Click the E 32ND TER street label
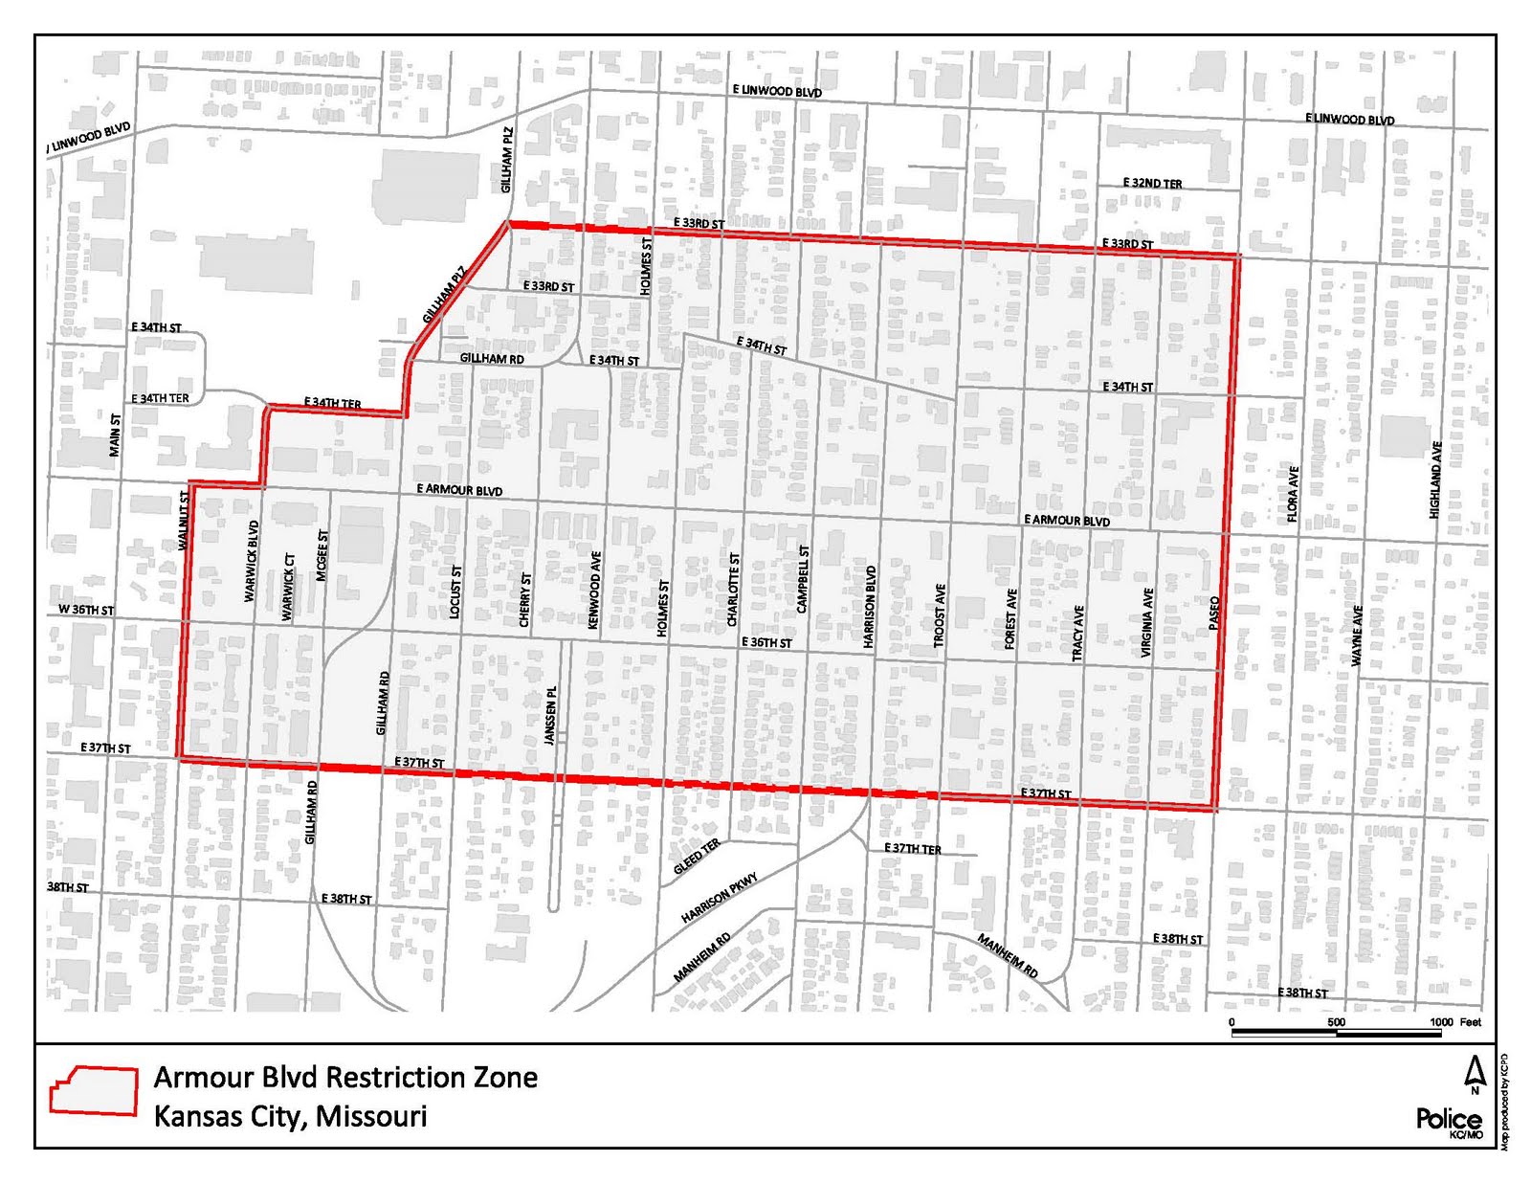1152,183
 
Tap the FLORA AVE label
1293,494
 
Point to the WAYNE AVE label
1357,636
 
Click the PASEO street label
1214,613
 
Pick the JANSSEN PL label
549,715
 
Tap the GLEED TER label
697,857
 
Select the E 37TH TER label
912,849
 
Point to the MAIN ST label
115,435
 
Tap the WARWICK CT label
288,587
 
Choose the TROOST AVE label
940,615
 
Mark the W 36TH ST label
85,610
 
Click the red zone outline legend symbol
94,1091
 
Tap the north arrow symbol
1475,1074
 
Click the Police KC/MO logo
1449,1122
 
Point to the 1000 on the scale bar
1441,1022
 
